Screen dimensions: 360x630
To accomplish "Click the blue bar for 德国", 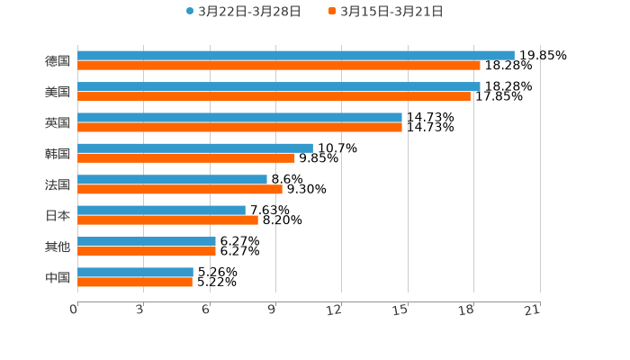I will coord(296,55).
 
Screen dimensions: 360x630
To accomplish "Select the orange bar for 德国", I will coord(279,66).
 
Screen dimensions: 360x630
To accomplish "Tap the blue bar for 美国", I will coord(279,86).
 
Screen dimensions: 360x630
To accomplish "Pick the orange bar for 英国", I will coord(239,127).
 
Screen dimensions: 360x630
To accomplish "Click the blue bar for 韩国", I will coord(195,148).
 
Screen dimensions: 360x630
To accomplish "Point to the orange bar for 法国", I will coord(180,189).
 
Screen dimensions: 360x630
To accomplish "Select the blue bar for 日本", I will coord(161,210).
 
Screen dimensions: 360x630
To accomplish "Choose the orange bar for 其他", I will coord(147,251).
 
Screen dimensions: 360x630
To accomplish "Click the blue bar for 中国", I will coord(135,272).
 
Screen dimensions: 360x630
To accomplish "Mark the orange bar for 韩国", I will coord(186,158).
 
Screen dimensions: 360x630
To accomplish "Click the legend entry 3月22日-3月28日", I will coord(243,12).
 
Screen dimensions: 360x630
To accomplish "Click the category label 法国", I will coord(58,184).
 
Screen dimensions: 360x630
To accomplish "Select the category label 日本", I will coord(58,215).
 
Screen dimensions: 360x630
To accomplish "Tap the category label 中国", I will coord(58,277).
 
